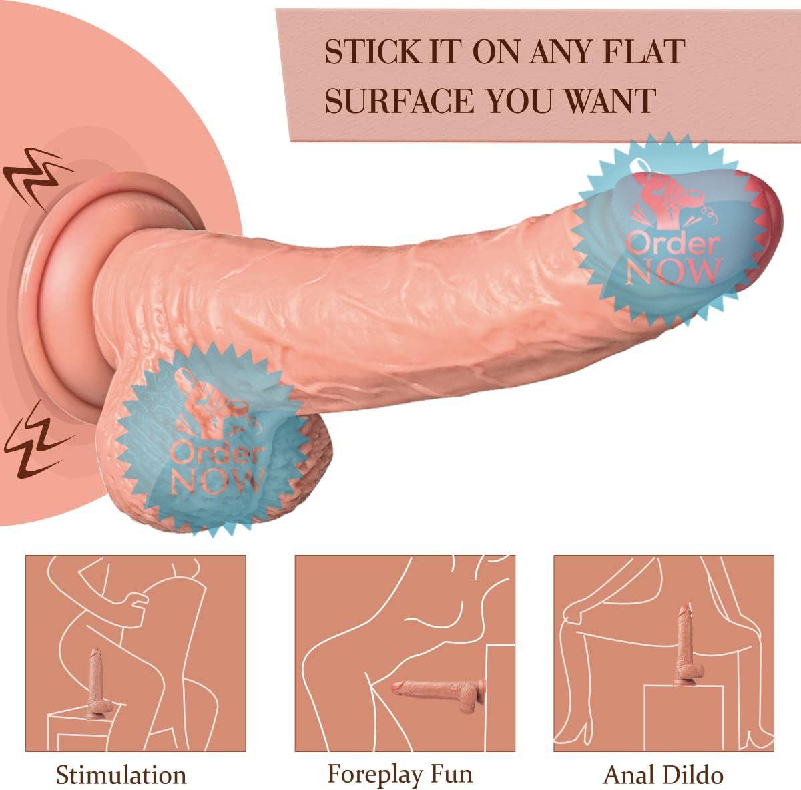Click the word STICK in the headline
[x=372, y=52]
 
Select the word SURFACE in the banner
[x=399, y=101]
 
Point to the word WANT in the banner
[x=610, y=101]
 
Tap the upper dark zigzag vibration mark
[x=37, y=178]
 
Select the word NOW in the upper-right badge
[x=673, y=271]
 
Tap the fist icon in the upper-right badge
[x=663, y=199]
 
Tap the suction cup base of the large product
[x=67, y=297]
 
